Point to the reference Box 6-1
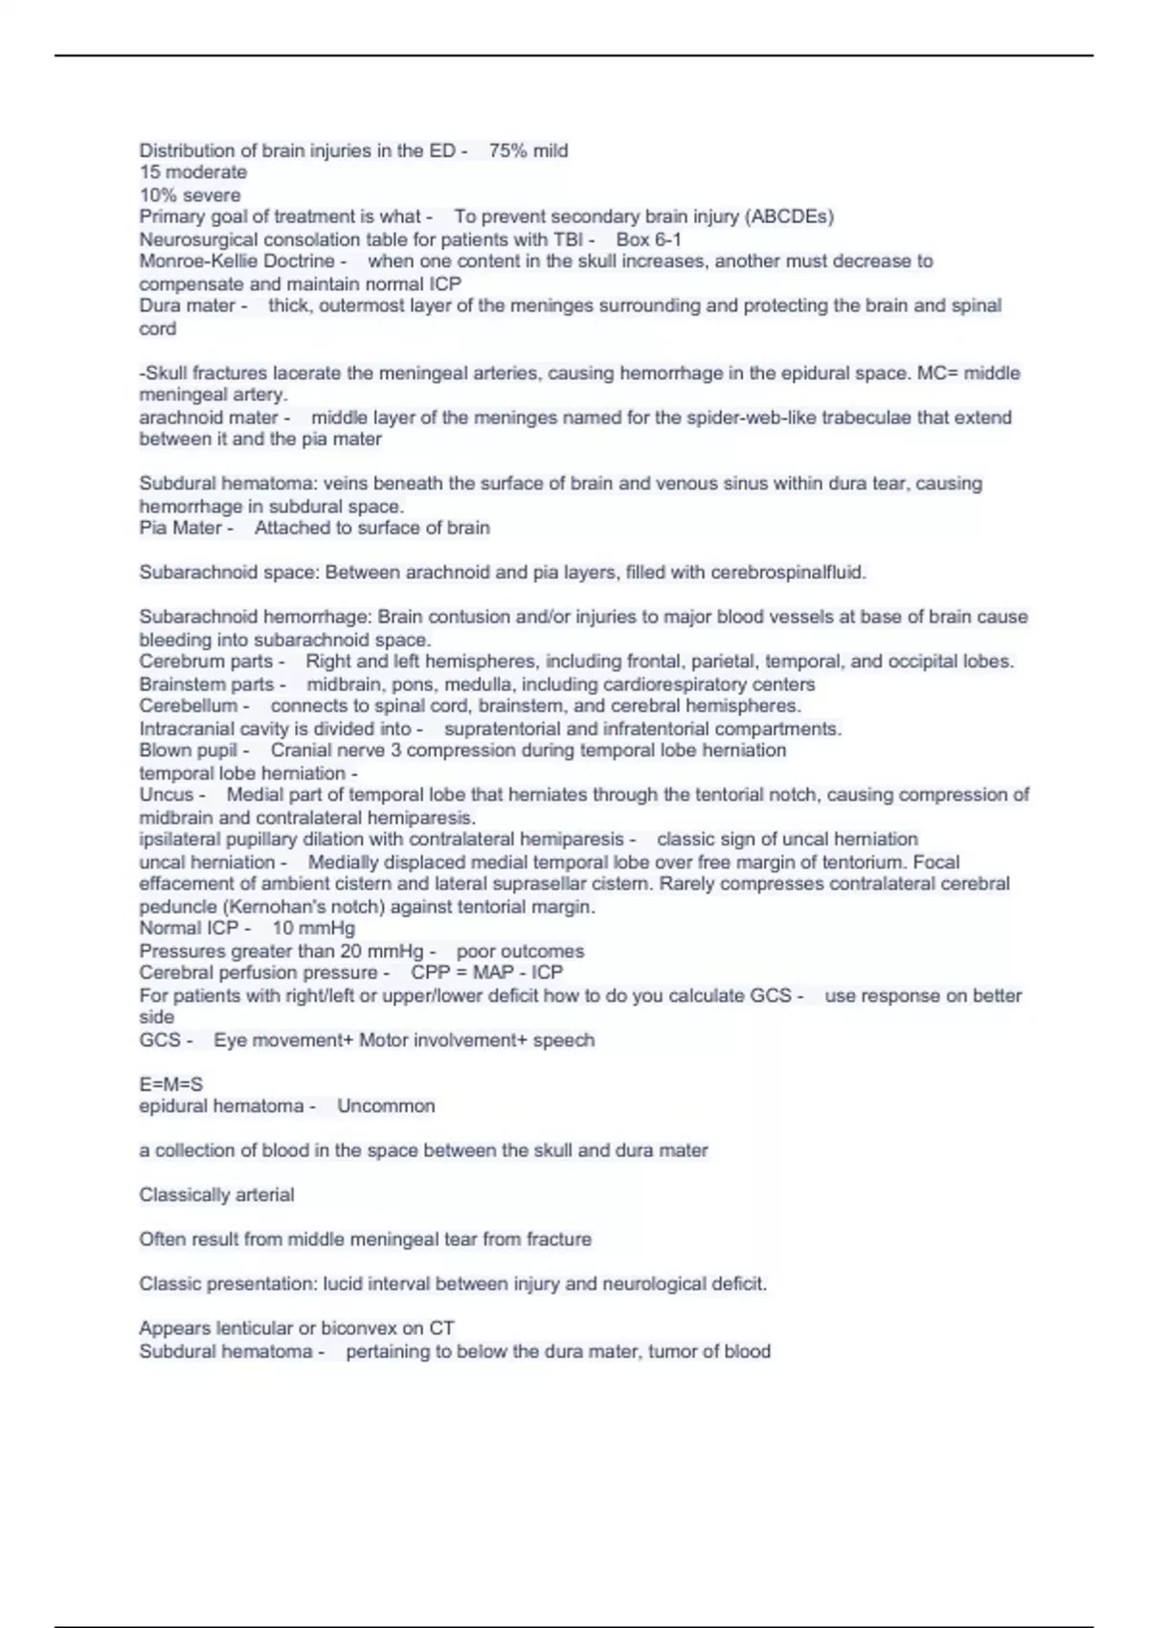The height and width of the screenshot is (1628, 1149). coord(648,239)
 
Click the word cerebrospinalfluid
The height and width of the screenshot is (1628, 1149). coord(788,573)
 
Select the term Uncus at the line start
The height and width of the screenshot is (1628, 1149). coord(167,795)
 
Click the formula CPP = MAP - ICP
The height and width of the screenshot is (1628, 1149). coord(486,973)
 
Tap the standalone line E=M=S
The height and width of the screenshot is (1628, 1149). coord(170,1084)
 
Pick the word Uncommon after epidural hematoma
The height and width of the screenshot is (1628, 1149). coord(386,1106)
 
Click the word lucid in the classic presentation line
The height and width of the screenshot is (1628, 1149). coord(345,1284)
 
